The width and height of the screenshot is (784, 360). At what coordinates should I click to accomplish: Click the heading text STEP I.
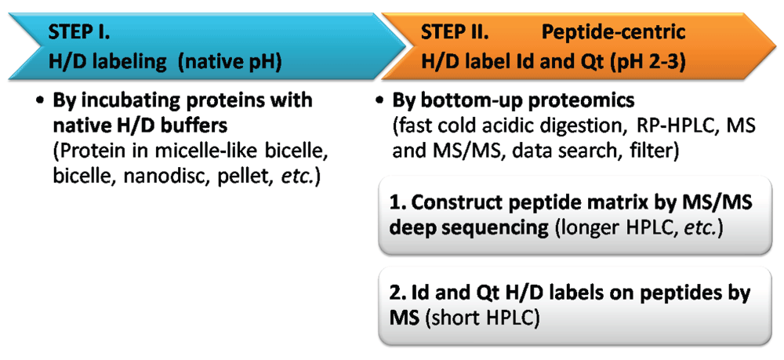click(79, 33)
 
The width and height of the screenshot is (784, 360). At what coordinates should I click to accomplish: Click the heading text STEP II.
click(454, 33)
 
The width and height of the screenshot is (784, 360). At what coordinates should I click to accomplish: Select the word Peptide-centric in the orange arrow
click(614, 34)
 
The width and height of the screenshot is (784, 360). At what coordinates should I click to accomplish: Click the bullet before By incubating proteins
click(40, 101)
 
